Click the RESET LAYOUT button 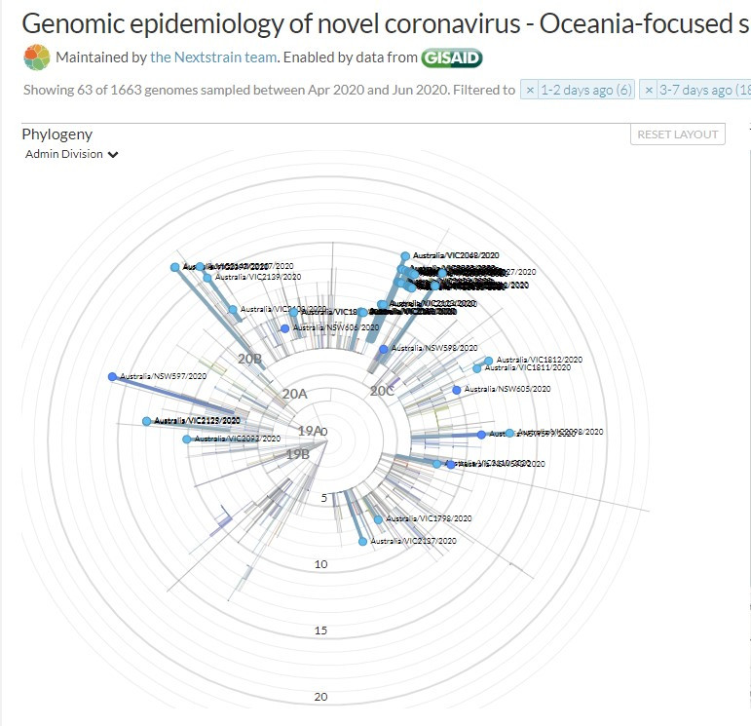678,134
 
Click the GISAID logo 451,57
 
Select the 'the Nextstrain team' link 213,57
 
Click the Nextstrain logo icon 36,57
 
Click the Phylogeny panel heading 56,134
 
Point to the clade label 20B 250,359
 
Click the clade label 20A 294,394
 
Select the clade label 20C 382,391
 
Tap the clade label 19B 297,454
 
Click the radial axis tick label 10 320,564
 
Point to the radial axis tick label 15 320,630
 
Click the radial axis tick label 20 320,697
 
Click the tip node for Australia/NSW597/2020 112,377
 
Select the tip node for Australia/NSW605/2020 457,390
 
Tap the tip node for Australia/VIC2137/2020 363,541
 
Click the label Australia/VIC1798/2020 429,519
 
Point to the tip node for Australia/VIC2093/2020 187,439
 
